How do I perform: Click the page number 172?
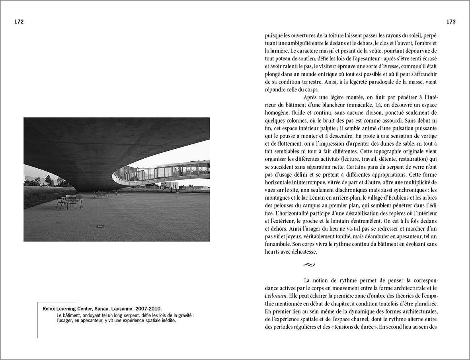tap(19, 22)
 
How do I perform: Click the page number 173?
tap(450, 22)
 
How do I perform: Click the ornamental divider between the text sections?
tap(309, 264)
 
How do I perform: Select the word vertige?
tap(426, 136)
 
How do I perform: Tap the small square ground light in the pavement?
tap(100, 226)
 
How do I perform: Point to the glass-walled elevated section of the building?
tap(171, 172)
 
